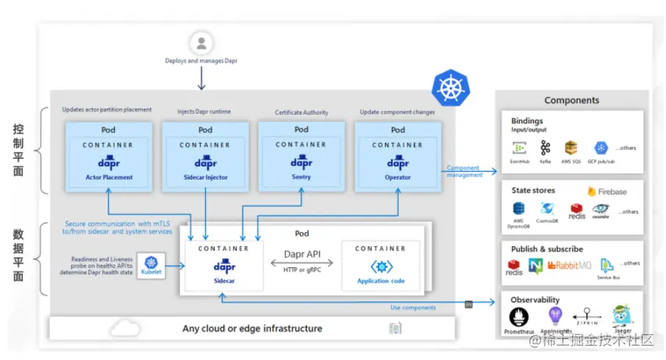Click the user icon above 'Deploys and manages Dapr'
click(201, 42)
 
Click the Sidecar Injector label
click(205, 177)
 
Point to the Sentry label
click(301, 177)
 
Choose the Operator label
click(397, 177)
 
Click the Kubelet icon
click(151, 266)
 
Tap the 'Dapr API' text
click(301, 255)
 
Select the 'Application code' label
click(380, 281)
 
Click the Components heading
click(572, 100)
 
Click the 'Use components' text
click(413, 308)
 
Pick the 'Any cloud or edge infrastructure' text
click(252, 329)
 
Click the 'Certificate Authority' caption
click(301, 112)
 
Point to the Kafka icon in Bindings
click(546, 148)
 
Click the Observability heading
click(535, 300)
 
